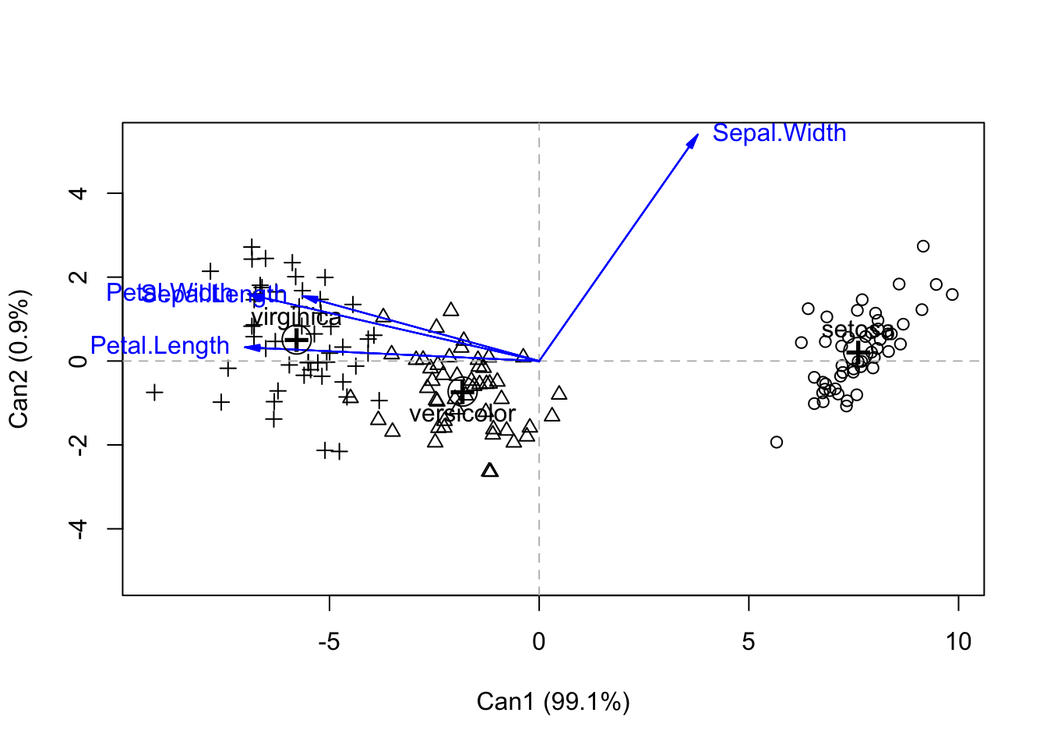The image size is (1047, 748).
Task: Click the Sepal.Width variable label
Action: [x=779, y=133]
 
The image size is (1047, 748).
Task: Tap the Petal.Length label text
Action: [x=160, y=345]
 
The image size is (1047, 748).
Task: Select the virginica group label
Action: [x=296, y=317]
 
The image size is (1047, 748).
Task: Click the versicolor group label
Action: [x=463, y=414]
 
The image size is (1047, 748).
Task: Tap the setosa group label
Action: [x=857, y=331]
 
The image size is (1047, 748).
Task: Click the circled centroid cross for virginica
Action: [x=296, y=339]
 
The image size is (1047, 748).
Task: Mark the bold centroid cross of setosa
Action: [x=858, y=353]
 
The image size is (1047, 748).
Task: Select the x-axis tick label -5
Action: [x=330, y=642]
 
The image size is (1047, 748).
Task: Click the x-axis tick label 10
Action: [x=958, y=642]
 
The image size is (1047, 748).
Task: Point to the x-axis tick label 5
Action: [x=749, y=642]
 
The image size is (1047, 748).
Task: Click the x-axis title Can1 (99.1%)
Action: [x=553, y=702]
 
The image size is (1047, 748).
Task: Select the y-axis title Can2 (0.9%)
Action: [x=19, y=359]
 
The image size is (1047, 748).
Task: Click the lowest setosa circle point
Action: [x=776, y=443]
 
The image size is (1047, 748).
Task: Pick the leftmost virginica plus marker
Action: [x=154, y=392]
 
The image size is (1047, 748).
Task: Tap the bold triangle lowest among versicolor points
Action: [x=489, y=471]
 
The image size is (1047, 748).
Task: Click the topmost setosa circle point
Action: [x=923, y=246]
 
